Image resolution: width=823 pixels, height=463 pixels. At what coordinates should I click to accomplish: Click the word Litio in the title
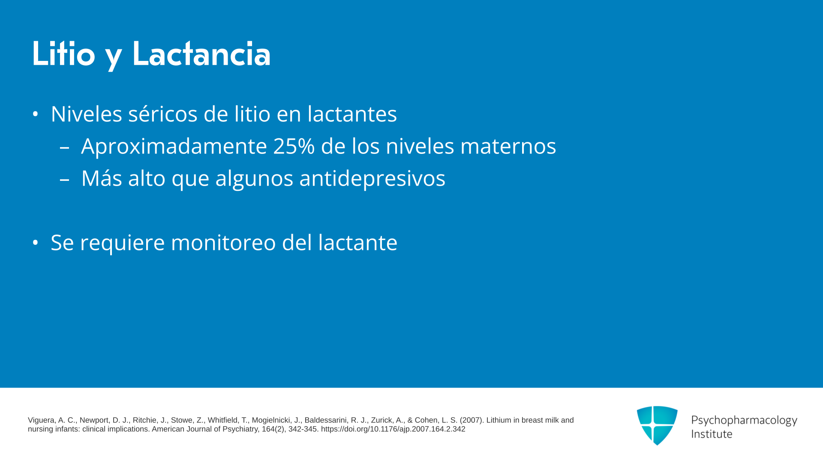[x=63, y=54]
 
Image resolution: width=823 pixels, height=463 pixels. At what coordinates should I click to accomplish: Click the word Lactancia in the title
[x=201, y=54]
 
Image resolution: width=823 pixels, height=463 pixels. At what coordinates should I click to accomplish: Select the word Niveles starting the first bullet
[x=87, y=114]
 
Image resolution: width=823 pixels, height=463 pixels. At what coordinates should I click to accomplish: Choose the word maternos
[x=508, y=146]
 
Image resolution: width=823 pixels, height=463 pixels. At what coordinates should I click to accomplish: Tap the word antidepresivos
[x=372, y=178]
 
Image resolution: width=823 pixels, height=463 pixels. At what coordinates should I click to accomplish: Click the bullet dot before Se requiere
[x=36, y=243]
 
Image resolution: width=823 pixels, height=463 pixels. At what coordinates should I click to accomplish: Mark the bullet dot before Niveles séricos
[x=36, y=114]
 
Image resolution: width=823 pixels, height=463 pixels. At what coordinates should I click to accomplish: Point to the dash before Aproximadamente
[x=64, y=148]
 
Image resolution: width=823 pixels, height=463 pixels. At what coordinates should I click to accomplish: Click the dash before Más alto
[x=64, y=180]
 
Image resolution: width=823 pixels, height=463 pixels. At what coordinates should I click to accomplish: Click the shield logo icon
[x=657, y=425]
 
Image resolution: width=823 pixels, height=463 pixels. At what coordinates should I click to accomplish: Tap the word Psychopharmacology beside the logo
[x=744, y=421]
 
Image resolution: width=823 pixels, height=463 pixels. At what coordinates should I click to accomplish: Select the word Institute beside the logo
[x=712, y=434]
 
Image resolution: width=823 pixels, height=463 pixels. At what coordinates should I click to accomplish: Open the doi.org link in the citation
[x=393, y=429]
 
